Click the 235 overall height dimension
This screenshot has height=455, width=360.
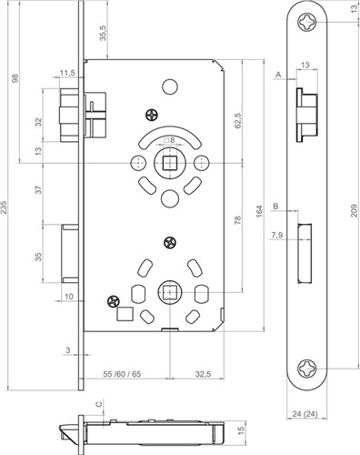tap(4, 207)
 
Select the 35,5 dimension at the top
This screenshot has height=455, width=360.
tap(103, 33)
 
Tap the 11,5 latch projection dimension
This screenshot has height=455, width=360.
tap(67, 73)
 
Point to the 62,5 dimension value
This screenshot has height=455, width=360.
tap(237, 120)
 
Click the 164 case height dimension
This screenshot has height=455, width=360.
tap(259, 211)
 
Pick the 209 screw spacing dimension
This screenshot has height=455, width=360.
tap(354, 210)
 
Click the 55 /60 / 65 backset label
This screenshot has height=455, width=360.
tap(122, 374)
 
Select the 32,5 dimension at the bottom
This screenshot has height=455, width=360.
tap(203, 374)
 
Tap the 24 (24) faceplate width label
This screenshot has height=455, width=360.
tap(305, 414)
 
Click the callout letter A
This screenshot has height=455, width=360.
tap(279, 74)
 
